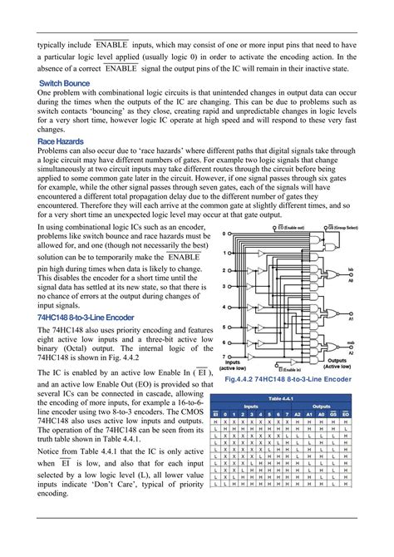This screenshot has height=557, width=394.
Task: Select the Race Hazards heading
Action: pyautogui.click(x=60, y=142)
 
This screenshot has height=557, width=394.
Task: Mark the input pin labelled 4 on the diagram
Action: pyautogui.click(x=225, y=305)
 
